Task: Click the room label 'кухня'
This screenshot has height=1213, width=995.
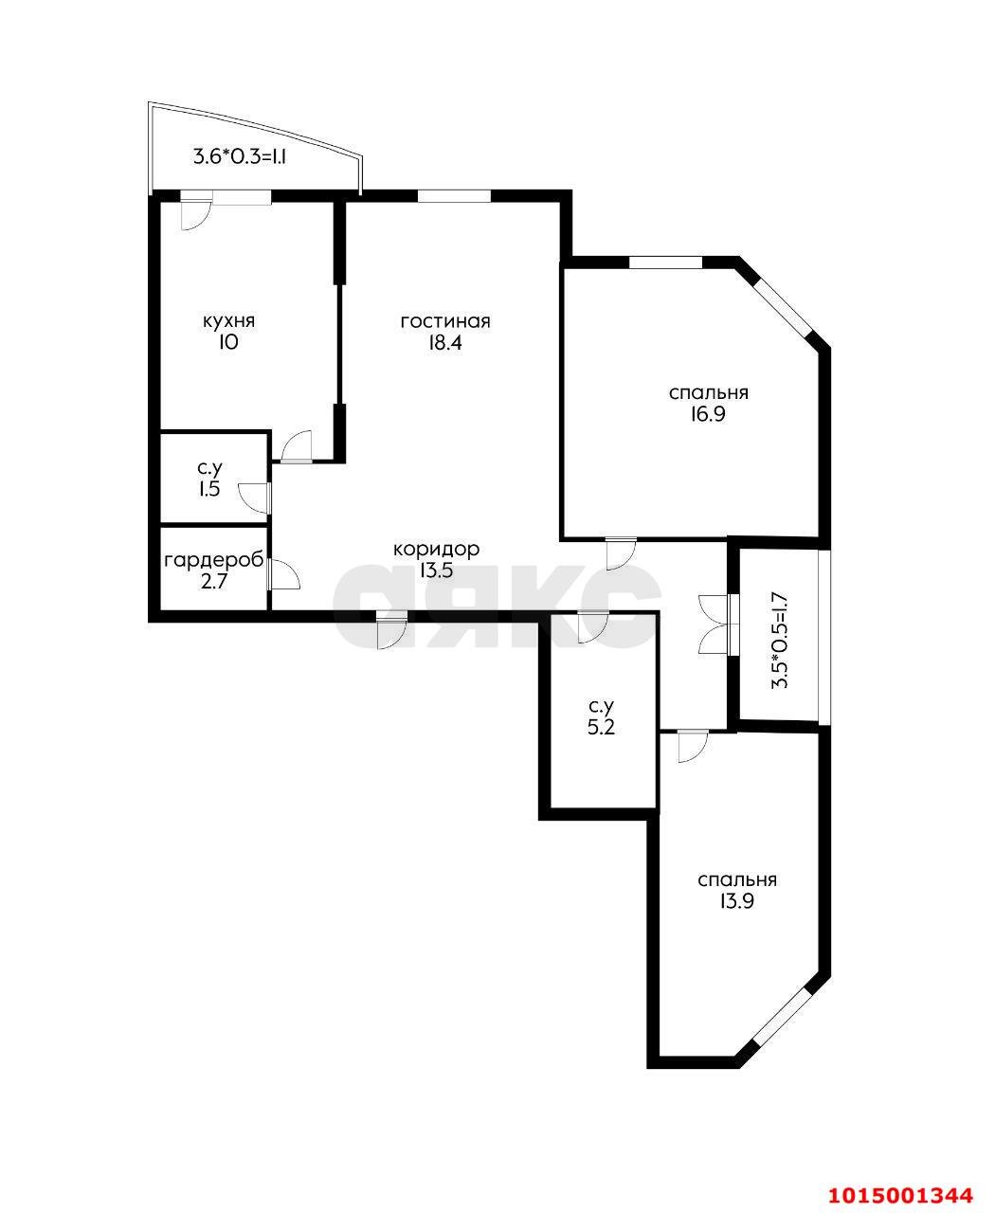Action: pyautogui.click(x=228, y=321)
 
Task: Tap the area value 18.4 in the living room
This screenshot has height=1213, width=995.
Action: pyautogui.click(x=444, y=343)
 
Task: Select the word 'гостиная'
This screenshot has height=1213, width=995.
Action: pyautogui.click(x=444, y=321)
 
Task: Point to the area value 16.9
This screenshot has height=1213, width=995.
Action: pyautogui.click(x=708, y=414)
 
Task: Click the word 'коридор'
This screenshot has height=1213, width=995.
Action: pyautogui.click(x=436, y=549)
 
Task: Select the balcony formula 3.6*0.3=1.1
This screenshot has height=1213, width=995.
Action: pyautogui.click(x=240, y=157)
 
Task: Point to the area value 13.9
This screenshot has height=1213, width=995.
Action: pyautogui.click(x=736, y=902)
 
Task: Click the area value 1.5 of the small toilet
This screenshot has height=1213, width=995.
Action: pyautogui.click(x=210, y=489)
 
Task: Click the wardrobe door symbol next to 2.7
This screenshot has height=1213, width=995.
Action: pyautogui.click(x=283, y=573)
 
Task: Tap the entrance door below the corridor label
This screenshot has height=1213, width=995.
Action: pyautogui.click(x=390, y=631)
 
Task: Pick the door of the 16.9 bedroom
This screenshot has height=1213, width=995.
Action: pyautogui.click(x=619, y=552)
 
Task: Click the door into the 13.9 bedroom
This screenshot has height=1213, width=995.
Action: pyautogui.click(x=691, y=746)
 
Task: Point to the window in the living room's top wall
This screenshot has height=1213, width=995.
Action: pyautogui.click(x=454, y=196)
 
